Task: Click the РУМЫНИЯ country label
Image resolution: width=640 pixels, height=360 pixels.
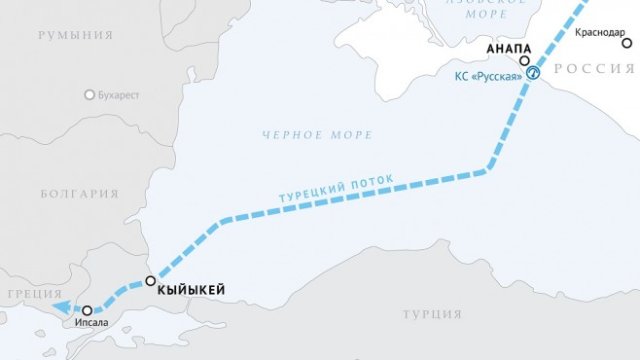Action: coord(75,35)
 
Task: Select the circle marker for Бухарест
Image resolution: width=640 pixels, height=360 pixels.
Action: coord(90,95)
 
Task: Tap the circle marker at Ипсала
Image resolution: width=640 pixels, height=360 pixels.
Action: coord(88,311)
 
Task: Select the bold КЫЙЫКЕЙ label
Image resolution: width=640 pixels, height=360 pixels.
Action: coord(191,290)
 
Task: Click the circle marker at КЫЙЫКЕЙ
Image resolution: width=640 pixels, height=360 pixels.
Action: coord(151,281)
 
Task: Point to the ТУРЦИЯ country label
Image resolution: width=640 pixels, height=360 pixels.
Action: coord(432,314)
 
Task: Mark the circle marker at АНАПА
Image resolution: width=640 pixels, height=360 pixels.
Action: coord(524,61)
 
